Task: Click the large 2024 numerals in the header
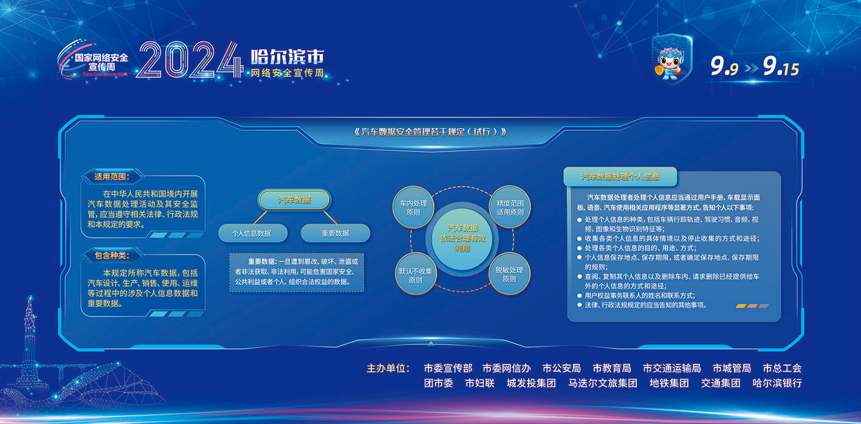click(x=190, y=60)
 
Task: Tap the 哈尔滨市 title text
click(x=287, y=57)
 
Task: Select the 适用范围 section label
click(x=112, y=176)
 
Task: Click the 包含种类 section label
click(x=112, y=255)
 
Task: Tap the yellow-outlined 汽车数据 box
click(x=295, y=200)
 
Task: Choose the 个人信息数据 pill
click(x=253, y=234)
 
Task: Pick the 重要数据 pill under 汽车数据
click(x=335, y=234)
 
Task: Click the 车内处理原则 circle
click(x=413, y=207)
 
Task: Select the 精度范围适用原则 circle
click(x=510, y=207)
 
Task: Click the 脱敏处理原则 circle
click(x=509, y=275)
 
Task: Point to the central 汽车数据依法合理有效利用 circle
click(x=462, y=238)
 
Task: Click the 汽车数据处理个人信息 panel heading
click(x=620, y=176)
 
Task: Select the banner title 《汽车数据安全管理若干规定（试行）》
click(x=430, y=132)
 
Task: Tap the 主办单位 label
click(x=388, y=368)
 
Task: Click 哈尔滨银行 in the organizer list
click(x=777, y=383)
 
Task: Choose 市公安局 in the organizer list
click(x=561, y=368)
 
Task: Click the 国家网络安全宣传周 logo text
click(x=101, y=62)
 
